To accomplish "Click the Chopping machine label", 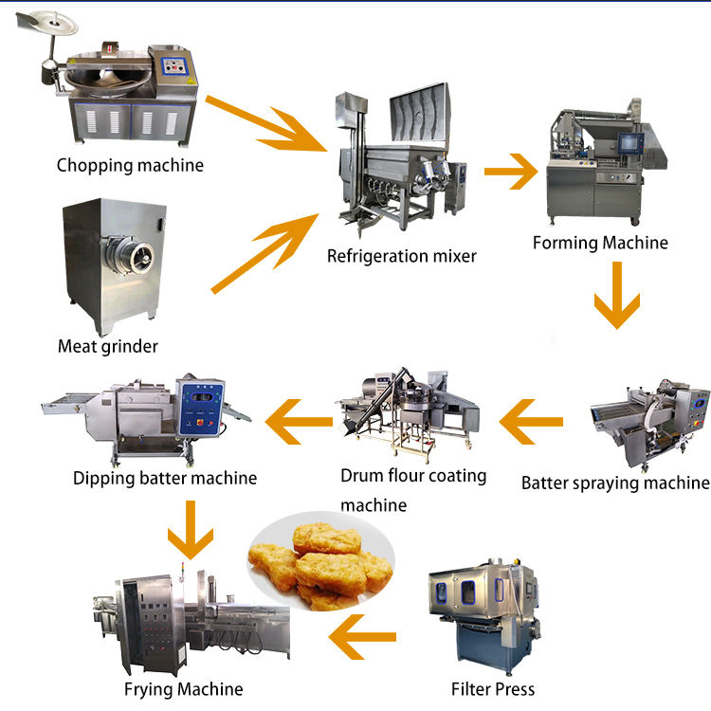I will [130, 165].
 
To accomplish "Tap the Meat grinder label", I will [108, 346].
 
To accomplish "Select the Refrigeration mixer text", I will [402, 255].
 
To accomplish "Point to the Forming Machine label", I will [600, 243].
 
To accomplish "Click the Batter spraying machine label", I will [615, 483].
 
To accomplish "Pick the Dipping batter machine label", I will [165, 478].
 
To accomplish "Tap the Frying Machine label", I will [183, 689].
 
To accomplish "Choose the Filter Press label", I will [493, 689].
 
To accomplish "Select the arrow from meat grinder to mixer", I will [265, 251].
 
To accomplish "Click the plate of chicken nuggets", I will [319, 567].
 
